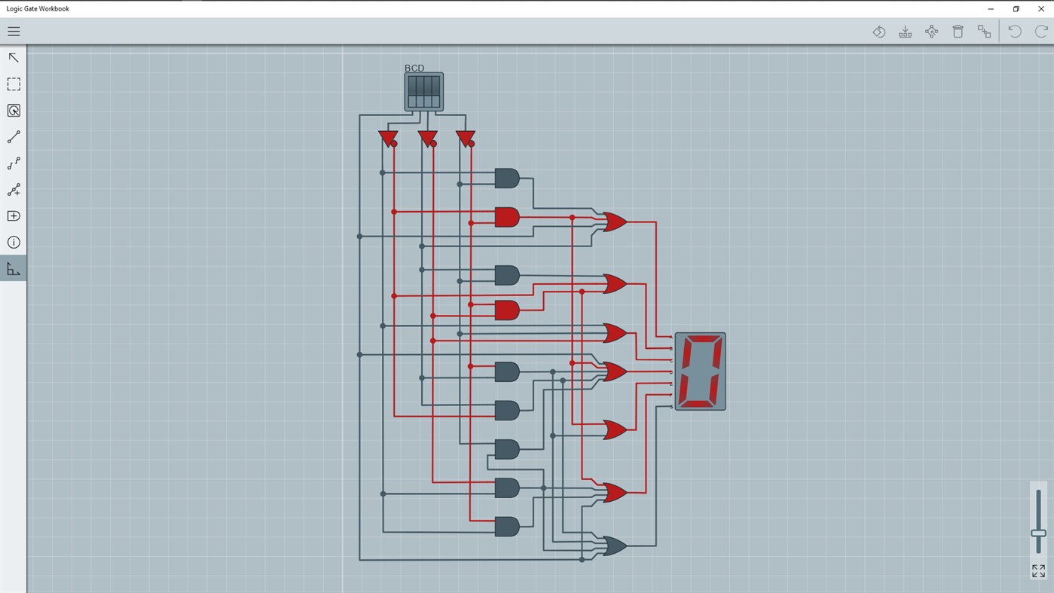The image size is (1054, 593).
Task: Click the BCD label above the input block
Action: click(x=414, y=68)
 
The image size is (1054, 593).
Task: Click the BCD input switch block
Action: click(x=423, y=92)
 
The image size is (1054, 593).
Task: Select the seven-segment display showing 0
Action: click(x=700, y=371)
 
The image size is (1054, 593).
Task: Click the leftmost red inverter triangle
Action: click(x=387, y=138)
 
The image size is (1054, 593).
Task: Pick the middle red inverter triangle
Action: click(x=426, y=138)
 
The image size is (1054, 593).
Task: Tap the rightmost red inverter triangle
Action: click(x=465, y=138)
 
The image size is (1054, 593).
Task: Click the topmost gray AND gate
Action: click(x=506, y=178)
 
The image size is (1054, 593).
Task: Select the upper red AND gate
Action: click(x=506, y=217)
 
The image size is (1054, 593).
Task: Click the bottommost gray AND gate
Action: click(x=506, y=526)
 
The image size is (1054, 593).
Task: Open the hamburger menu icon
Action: click(x=14, y=32)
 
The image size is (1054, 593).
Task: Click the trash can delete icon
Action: click(x=958, y=32)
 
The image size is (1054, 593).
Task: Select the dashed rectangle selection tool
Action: click(x=14, y=84)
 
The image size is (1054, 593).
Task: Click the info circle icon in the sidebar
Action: click(x=14, y=242)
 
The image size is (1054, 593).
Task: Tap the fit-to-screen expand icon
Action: click(x=1038, y=571)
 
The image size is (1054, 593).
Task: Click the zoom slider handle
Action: click(x=1038, y=533)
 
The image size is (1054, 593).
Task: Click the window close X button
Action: click(x=1041, y=9)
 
